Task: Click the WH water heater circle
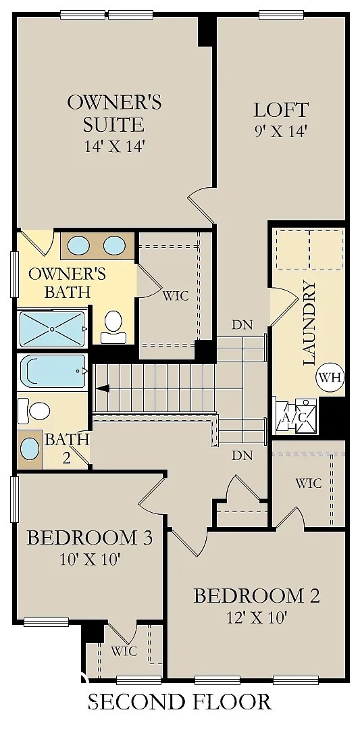tap(330, 377)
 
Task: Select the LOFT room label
tap(281, 110)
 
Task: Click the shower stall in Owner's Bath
tap(52, 328)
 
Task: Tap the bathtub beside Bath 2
tap(52, 371)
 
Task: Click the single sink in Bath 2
tap(30, 449)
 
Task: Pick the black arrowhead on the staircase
tap(103, 388)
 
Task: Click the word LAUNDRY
tap(309, 323)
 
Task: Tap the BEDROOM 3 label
tap(90, 538)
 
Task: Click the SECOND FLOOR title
tap(180, 701)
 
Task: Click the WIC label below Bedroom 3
tap(124, 651)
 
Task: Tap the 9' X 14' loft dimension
tap(280, 132)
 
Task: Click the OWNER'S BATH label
tap(67, 282)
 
